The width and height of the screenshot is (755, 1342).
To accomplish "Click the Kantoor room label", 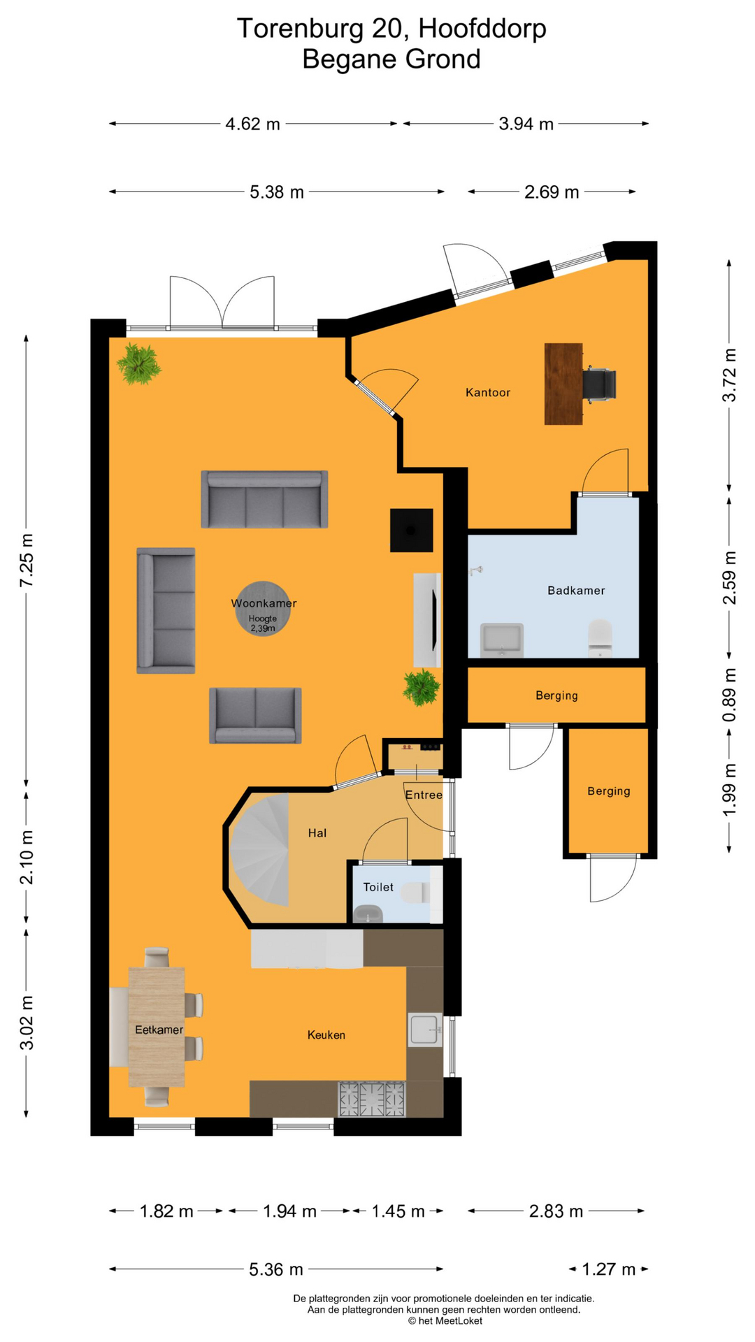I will point(487,393).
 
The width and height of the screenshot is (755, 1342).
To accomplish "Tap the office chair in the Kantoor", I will point(601,384).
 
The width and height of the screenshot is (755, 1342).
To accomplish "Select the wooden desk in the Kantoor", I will point(563,384).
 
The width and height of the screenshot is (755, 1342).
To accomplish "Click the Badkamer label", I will point(575,591).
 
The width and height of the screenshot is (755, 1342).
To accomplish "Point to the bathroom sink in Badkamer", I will point(502,640).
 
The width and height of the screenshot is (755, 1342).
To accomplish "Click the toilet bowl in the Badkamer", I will point(600,637).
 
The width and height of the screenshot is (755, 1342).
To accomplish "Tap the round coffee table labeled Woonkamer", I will point(264,608).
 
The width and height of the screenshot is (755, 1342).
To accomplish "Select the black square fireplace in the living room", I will point(411,531).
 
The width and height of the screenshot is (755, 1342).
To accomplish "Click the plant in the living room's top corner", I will point(139,364).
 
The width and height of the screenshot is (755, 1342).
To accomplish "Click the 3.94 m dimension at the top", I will point(526,124).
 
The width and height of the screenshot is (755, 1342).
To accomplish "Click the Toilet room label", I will point(378,887).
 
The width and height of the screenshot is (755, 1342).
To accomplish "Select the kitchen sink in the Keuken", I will point(425,1030).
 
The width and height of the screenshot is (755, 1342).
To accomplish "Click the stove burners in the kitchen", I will point(372,1099).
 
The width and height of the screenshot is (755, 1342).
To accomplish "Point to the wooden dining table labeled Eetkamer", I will point(157,1027).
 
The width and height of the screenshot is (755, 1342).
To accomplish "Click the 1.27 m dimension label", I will point(608,1269).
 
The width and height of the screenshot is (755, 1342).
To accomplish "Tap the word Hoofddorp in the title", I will point(482,29).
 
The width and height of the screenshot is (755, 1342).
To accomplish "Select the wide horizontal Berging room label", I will point(556,695).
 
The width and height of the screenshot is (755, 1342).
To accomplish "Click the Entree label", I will point(424,795).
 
